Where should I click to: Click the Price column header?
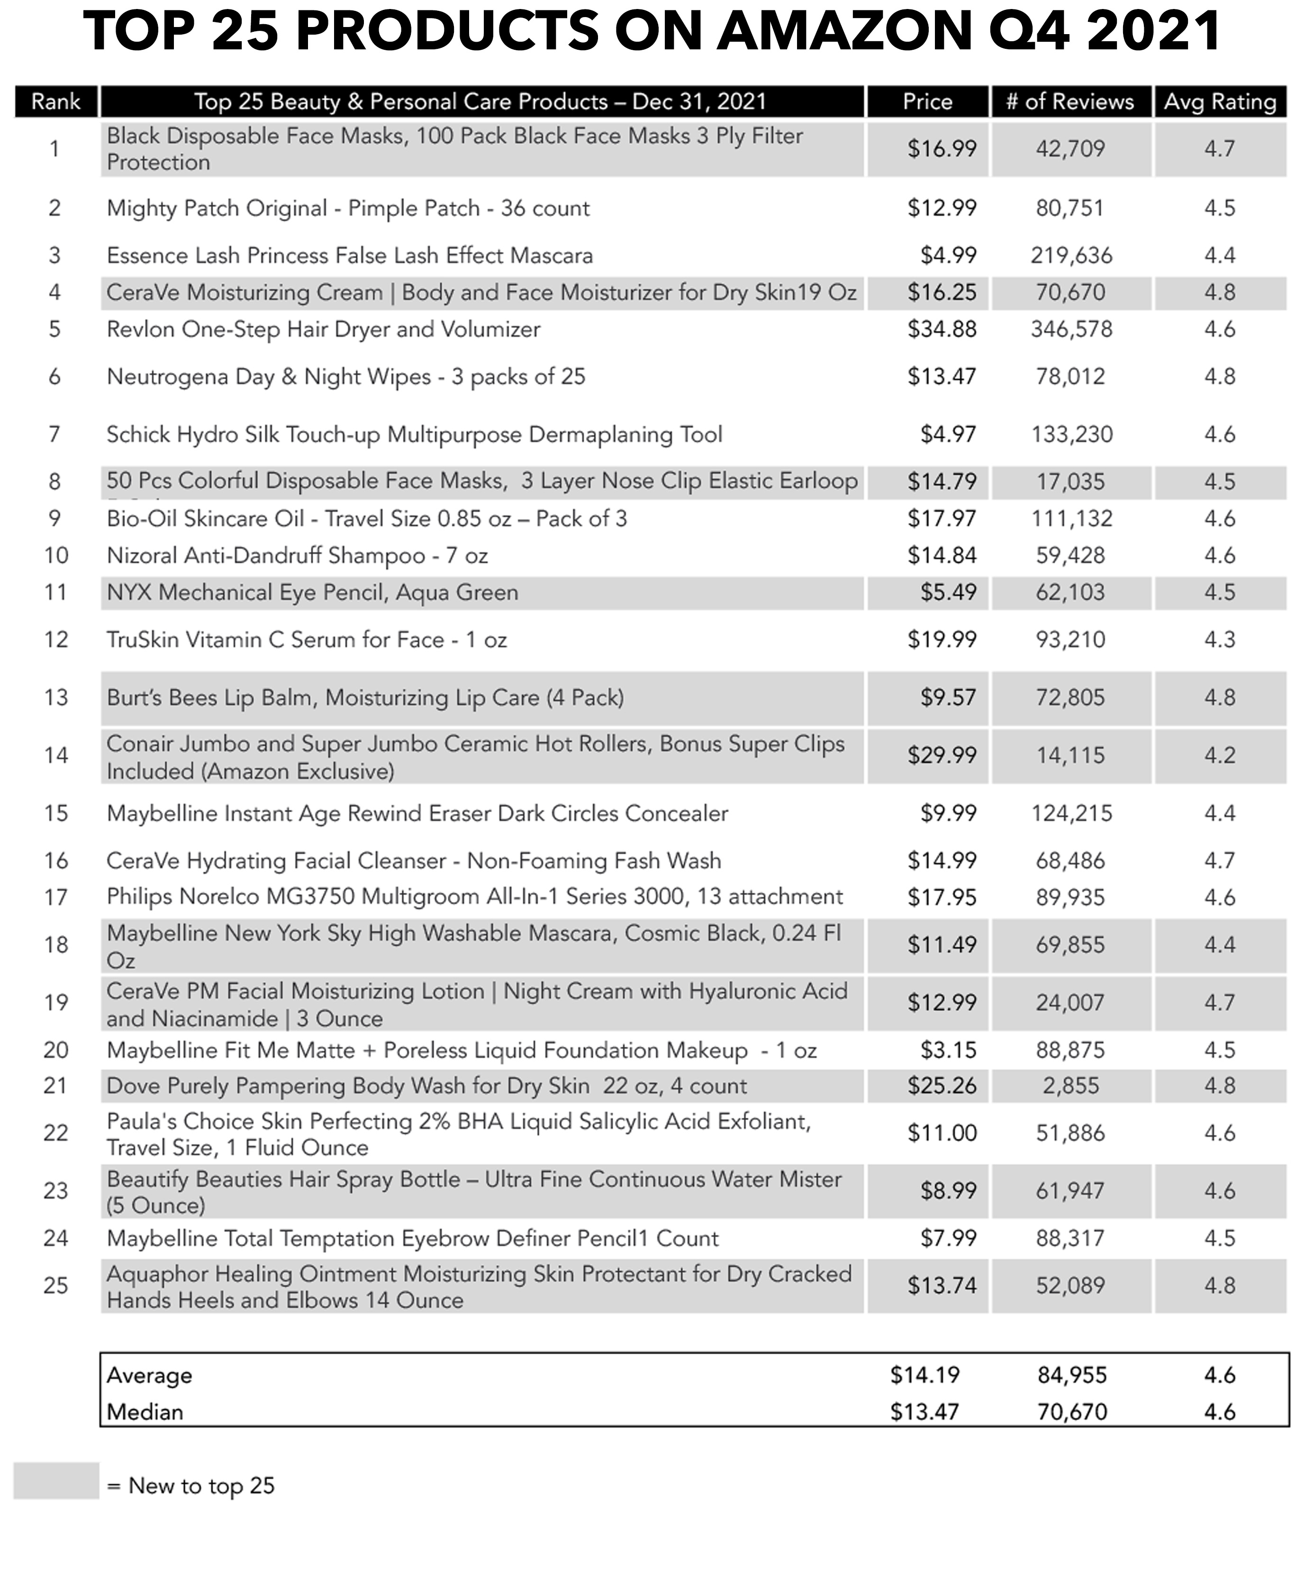click(x=927, y=102)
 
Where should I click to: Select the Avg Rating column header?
click(x=1220, y=102)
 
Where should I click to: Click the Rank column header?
click(x=56, y=102)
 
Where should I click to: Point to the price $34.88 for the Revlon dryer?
click(x=942, y=329)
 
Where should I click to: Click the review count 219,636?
click(x=1071, y=255)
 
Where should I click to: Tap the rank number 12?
click(x=56, y=640)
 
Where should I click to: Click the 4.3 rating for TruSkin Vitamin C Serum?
click(x=1220, y=640)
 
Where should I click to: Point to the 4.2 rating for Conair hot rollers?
click(x=1220, y=755)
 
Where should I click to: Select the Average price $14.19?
click(x=924, y=1375)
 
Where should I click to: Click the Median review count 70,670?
click(x=1071, y=1412)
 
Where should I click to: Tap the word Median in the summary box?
click(x=145, y=1412)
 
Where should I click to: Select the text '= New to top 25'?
click(x=190, y=1486)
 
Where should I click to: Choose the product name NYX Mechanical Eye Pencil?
click(x=312, y=593)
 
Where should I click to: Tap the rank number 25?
click(x=56, y=1286)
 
